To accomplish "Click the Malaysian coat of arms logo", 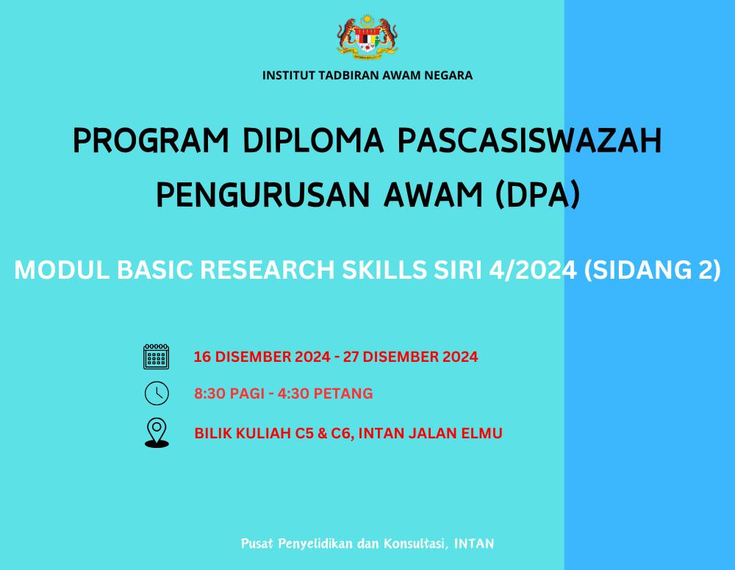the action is (x=367, y=36).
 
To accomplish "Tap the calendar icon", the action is (x=156, y=357).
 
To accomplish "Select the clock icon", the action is (x=157, y=393).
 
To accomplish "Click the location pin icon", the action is (x=157, y=432).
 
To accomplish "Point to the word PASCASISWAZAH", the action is (x=530, y=140).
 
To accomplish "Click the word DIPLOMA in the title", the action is (x=313, y=140).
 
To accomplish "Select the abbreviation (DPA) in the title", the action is (x=538, y=195).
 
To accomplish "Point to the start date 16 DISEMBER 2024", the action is (x=262, y=357).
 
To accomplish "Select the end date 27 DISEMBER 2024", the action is (x=411, y=357).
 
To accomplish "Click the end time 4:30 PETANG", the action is (x=326, y=393).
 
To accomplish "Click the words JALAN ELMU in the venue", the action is (x=456, y=433).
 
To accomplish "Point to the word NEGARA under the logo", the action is (x=448, y=76).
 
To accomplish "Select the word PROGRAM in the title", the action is (x=151, y=140).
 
